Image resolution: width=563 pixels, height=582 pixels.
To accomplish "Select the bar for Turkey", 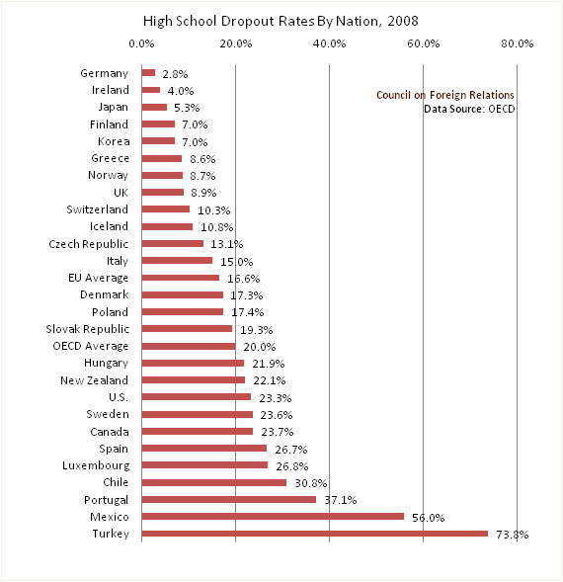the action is [315, 534].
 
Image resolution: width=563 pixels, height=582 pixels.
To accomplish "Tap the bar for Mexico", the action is [273, 517].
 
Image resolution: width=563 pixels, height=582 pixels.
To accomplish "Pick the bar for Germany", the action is [148, 73].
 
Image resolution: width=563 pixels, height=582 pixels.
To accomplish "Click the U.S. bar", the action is [197, 397].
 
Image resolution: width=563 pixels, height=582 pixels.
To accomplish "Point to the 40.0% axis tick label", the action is [329, 43].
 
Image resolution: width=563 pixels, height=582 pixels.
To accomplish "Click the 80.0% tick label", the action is [518, 43].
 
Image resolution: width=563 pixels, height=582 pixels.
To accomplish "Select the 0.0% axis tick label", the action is [141, 43].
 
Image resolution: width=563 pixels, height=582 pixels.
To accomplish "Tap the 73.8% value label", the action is [513, 535].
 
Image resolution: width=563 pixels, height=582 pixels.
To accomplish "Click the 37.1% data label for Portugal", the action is [341, 500].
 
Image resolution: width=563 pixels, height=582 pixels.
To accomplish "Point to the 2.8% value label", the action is [175, 74].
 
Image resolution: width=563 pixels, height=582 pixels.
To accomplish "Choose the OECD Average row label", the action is [91, 346].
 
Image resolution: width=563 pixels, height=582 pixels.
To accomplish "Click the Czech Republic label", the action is [88, 244].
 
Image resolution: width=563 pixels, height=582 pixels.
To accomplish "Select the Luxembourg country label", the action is [96, 465].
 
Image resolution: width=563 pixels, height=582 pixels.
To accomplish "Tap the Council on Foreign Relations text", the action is [445, 95].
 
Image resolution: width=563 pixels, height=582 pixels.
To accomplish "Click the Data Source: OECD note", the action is [469, 109].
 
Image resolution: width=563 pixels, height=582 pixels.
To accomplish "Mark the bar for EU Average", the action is [181, 278].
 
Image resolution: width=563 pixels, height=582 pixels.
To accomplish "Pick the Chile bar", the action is [214, 482].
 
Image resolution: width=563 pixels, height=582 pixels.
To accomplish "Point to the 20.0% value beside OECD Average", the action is [260, 347].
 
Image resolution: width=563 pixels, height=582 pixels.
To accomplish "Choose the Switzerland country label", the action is [97, 209].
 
